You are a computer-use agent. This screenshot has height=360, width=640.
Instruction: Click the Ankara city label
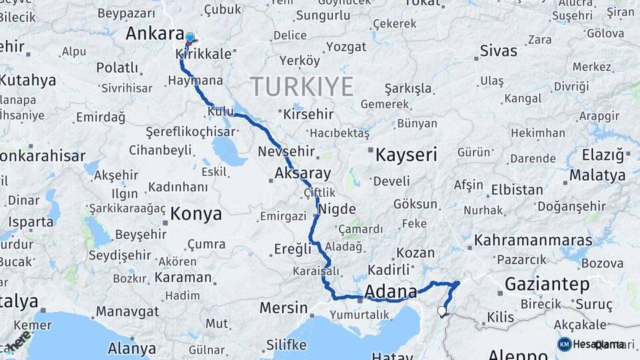point(155,34)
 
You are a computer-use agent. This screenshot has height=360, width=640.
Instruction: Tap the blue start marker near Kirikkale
point(190,38)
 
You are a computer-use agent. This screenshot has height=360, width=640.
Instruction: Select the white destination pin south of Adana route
point(442,311)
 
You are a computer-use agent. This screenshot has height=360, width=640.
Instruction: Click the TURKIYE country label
point(302,87)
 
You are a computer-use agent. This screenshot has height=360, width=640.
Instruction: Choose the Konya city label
point(195,214)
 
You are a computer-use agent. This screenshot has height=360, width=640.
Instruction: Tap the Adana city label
point(391,291)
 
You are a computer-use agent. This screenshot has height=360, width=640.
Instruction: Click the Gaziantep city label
point(547,285)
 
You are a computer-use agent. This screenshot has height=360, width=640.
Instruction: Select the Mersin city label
point(283,309)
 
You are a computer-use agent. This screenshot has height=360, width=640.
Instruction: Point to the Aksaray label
point(303,174)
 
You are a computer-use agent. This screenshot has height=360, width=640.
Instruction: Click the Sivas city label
point(499,51)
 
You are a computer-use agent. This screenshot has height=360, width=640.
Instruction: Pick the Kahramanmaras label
point(533,240)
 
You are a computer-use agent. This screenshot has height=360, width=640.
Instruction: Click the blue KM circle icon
point(565,344)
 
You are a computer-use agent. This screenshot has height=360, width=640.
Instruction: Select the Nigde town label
point(337,209)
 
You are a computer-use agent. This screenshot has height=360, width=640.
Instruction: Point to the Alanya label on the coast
point(132,348)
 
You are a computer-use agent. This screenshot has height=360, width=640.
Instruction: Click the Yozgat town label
point(346,47)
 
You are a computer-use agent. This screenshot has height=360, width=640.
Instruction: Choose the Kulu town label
point(221,111)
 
